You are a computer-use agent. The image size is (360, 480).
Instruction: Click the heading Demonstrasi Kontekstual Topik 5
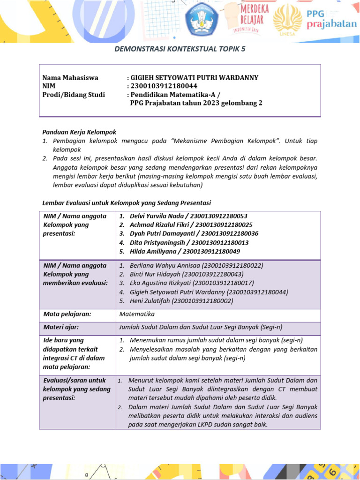tap(180, 49)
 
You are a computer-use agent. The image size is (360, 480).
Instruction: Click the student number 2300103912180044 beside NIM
tap(164, 86)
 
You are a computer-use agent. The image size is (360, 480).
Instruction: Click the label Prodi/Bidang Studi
tap(74, 95)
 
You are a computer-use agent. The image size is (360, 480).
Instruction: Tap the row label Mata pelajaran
tap(67, 314)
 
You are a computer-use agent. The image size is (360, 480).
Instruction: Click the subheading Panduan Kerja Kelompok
tap(79, 132)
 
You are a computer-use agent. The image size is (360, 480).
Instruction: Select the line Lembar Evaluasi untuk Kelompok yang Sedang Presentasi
tap(127, 203)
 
